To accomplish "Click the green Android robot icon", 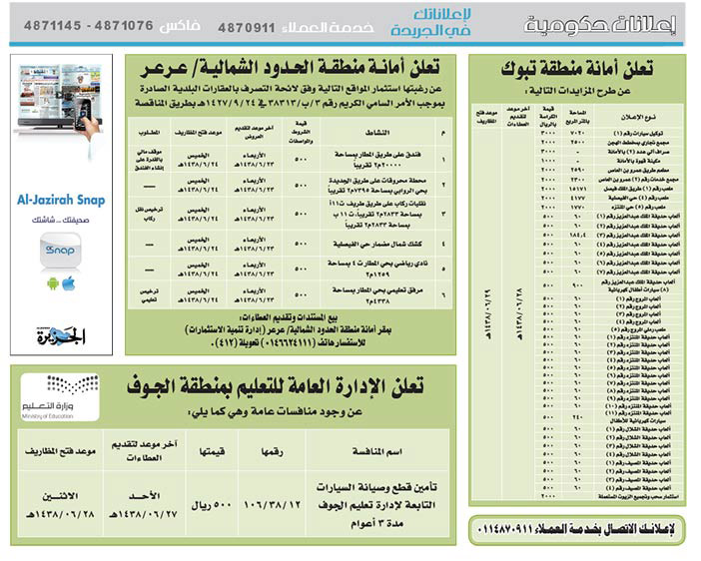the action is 51,284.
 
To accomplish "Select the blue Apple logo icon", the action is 68,284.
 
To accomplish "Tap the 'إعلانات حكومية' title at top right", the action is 620,22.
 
